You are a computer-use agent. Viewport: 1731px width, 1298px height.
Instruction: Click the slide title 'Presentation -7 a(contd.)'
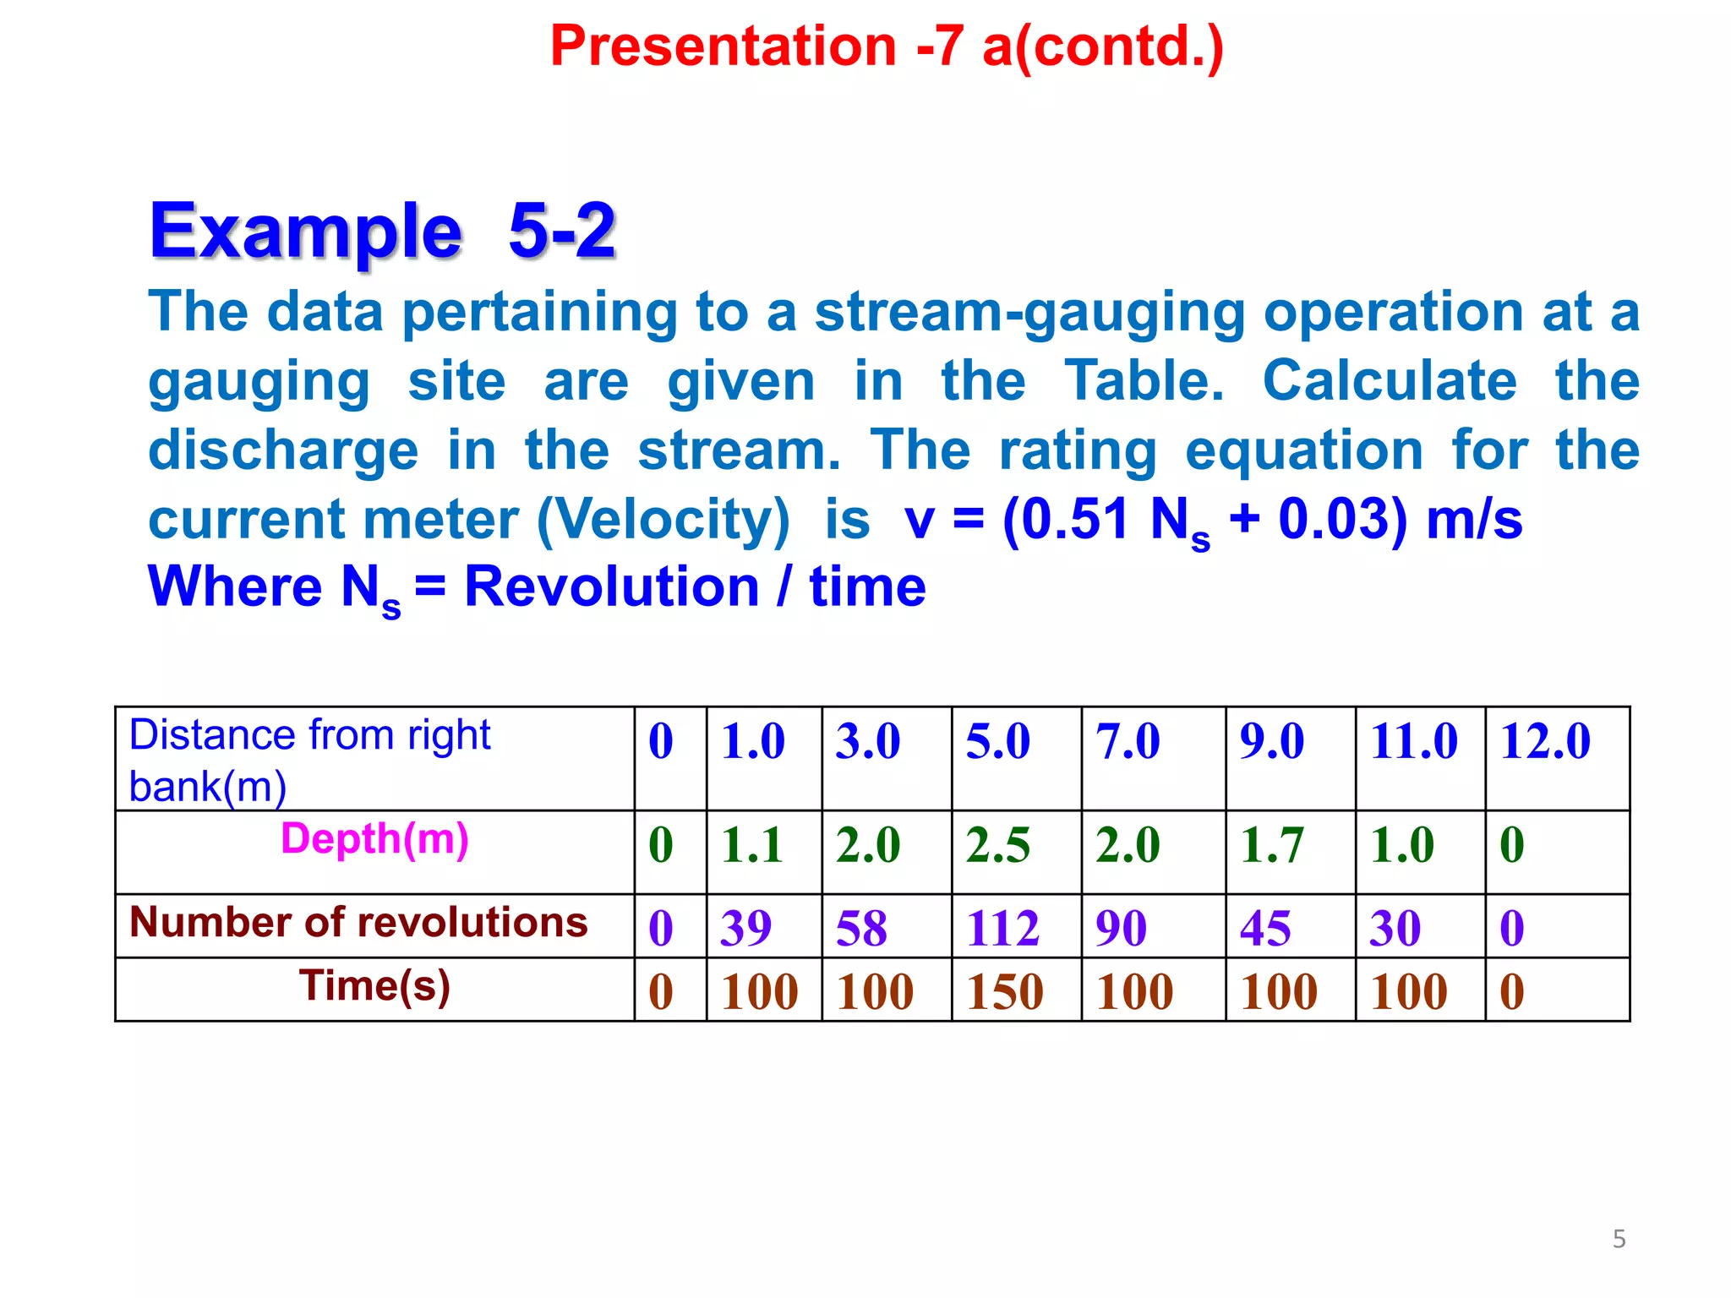(887, 46)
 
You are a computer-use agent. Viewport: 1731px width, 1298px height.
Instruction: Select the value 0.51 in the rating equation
(1074, 518)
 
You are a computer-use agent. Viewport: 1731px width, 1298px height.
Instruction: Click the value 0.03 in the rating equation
(1332, 518)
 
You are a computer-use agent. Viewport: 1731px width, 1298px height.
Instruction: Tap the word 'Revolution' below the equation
(612, 586)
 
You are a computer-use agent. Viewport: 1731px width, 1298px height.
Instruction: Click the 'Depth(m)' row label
(374, 839)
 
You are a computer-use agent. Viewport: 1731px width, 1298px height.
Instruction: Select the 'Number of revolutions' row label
(358, 922)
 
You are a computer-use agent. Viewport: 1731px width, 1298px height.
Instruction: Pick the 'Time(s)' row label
(374, 986)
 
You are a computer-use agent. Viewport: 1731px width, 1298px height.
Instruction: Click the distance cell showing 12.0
(1545, 741)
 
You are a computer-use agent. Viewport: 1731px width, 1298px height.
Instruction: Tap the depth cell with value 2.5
(998, 844)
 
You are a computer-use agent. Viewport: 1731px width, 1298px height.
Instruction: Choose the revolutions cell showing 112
(1002, 928)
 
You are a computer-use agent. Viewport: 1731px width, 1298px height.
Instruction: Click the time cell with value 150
(1004, 991)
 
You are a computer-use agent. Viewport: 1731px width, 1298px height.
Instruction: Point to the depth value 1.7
(1272, 844)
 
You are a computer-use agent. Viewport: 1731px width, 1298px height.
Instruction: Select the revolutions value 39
(745, 928)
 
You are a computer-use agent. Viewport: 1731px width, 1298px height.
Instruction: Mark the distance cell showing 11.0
(1414, 741)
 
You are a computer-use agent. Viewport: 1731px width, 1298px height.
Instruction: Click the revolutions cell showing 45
(1265, 928)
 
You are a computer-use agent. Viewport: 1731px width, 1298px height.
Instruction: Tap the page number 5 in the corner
(1619, 1239)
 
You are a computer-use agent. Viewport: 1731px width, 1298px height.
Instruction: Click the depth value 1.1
(751, 844)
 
